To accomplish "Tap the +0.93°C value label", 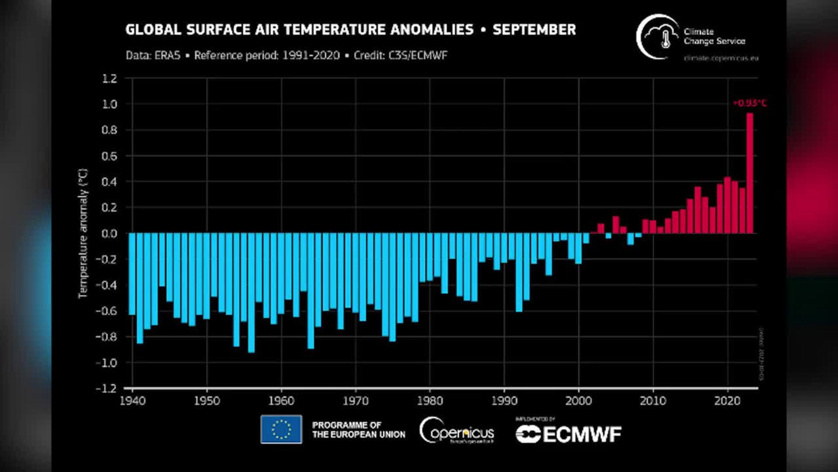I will tap(749, 103).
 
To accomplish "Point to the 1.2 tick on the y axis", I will tap(110, 79).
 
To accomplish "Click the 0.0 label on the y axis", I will tap(110, 233).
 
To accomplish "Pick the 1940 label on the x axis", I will tap(133, 401).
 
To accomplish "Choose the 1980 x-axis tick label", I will tap(430, 401).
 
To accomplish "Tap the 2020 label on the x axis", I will tap(727, 401).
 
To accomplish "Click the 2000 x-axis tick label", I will tap(579, 401).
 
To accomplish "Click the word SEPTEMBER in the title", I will tap(534, 30).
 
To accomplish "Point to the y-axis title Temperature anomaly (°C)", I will tap(83, 233).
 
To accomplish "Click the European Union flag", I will tap(281, 429).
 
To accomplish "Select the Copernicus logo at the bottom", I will tap(457, 431).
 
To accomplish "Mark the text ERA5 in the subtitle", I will tap(167, 56).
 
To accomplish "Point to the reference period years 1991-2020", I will tap(311, 56).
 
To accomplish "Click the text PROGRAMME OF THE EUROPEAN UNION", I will tap(358, 430).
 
